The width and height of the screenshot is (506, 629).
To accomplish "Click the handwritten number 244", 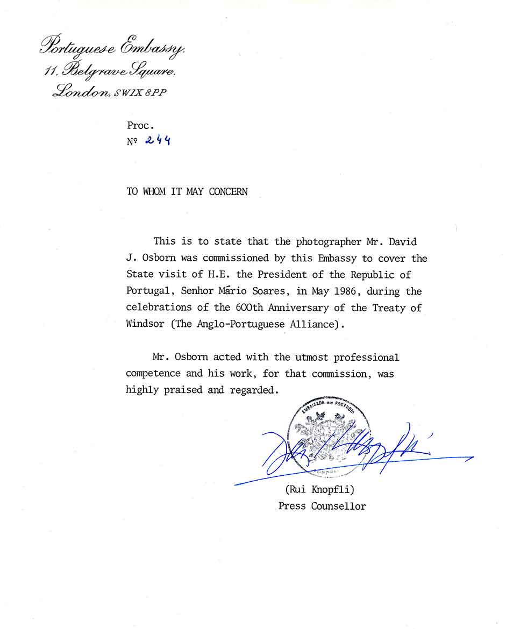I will coord(158,141).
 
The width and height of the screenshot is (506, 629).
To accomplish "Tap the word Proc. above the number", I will coord(140,125).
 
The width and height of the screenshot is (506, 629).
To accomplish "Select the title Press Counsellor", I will coord(322,506).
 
